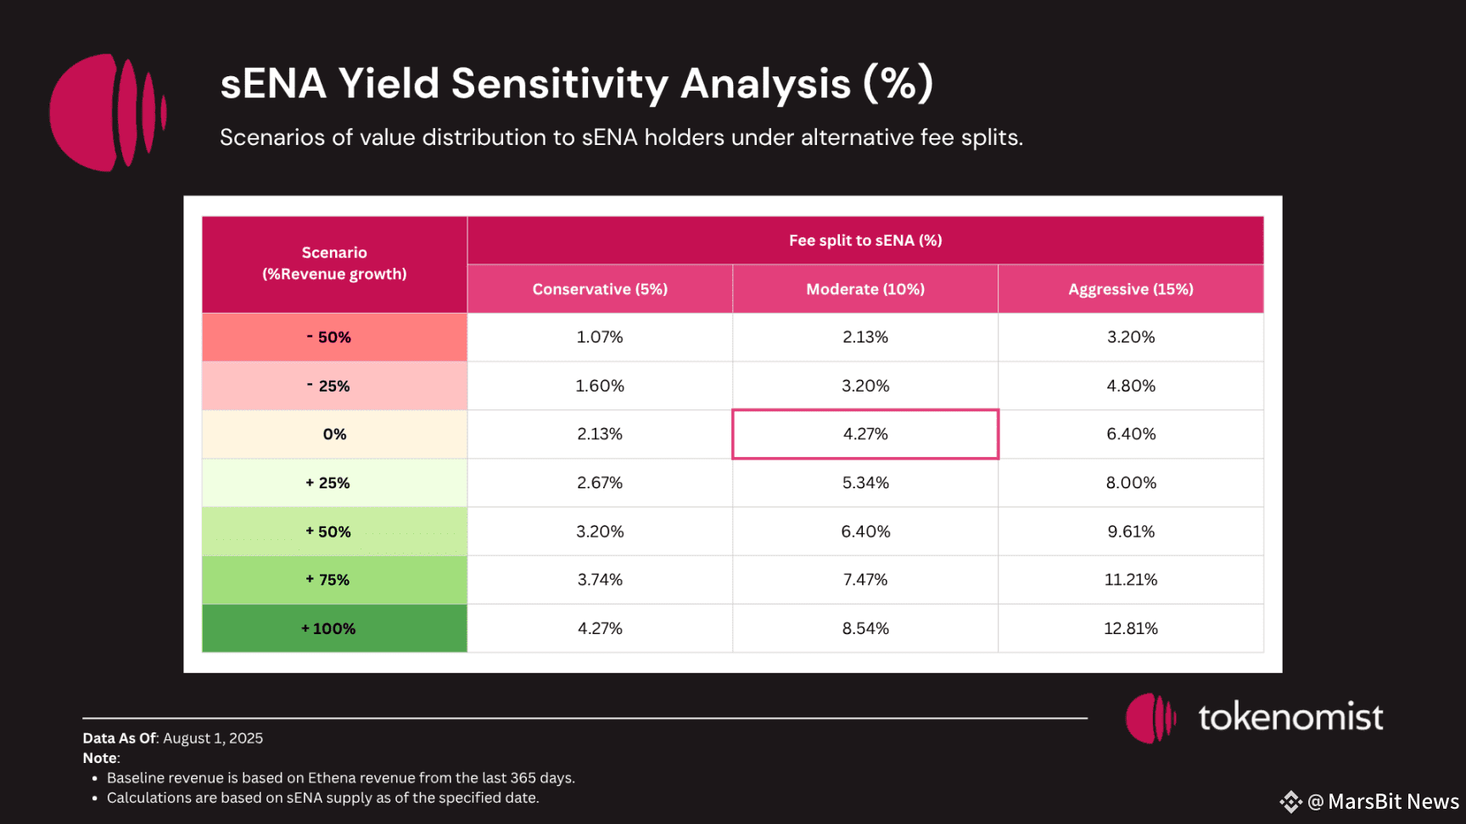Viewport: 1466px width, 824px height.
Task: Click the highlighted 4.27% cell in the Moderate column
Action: tap(865, 434)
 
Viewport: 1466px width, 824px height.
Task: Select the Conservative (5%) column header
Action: tap(600, 289)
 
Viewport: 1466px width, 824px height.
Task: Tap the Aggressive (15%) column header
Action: tap(1131, 289)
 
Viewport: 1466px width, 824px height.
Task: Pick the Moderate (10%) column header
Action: tap(865, 289)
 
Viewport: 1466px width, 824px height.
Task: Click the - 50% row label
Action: tap(334, 337)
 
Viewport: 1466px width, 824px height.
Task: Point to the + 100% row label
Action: tap(334, 629)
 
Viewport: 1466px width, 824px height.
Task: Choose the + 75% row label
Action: tap(334, 580)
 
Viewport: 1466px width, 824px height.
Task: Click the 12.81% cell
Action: tap(1131, 629)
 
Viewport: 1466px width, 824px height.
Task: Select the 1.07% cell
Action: tap(600, 337)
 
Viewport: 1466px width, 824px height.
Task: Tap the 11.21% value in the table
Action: tap(1131, 580)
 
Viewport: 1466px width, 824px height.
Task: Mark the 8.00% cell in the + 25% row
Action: tap(1131, 483)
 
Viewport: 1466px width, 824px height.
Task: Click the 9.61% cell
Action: tap(1131, 532)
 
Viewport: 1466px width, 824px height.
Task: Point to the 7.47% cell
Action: tap(865, 580)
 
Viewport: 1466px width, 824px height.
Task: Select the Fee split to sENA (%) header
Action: tap(865, 241)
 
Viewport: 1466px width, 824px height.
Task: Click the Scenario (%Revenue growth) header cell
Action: tap(334, 264)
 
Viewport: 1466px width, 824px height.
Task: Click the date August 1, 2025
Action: tap(213, 738)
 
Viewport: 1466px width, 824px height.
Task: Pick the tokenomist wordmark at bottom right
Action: tap(1290, 717)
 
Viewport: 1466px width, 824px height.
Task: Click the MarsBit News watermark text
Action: tap(1393, 802)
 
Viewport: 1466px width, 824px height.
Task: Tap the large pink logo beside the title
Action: tap(107, 113)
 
